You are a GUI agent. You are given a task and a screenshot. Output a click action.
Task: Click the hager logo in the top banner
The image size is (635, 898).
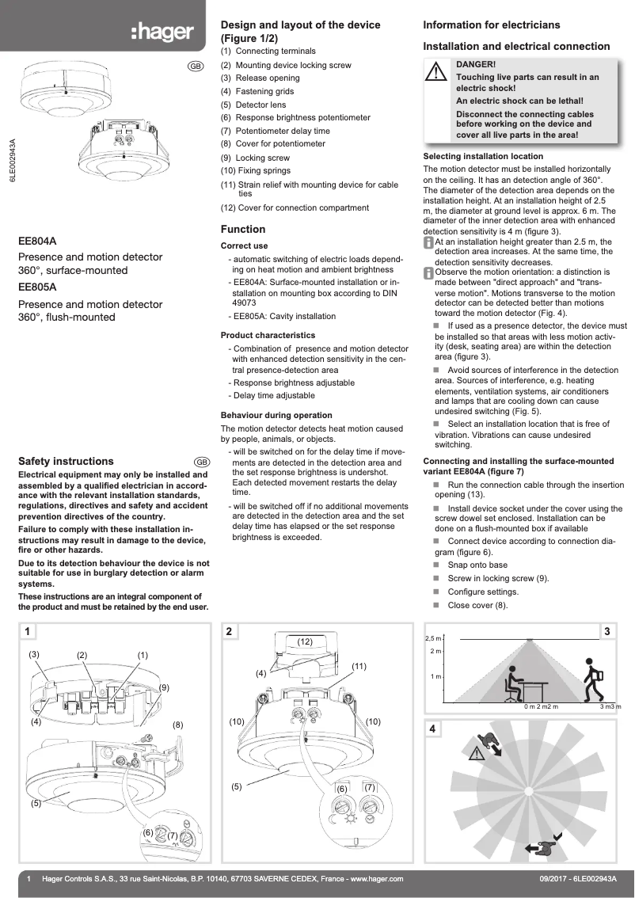[x=162, y=32]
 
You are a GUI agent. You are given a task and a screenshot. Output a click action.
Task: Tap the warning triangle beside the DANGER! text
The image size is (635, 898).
[x=436, y=72]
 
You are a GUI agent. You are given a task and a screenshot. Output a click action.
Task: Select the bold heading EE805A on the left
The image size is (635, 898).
[x=37, y=287]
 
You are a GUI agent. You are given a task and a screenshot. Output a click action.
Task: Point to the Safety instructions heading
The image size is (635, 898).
[x=66, y=461]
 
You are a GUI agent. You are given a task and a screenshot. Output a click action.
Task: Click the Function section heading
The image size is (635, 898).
[x=243, y=229]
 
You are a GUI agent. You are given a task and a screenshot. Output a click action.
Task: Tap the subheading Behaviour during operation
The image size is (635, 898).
[x=276, y=415]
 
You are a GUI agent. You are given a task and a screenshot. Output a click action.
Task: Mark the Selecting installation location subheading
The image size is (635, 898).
[x=483, y=157]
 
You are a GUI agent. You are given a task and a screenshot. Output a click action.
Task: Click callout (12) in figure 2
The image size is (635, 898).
[x=306, y=640]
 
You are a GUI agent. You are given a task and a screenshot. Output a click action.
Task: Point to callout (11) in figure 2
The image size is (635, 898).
[x=359, y=667]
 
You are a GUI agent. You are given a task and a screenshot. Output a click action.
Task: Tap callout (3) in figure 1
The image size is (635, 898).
[x=34, y=654]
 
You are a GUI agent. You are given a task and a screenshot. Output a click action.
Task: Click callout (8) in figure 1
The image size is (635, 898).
[x=178, y=724]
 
